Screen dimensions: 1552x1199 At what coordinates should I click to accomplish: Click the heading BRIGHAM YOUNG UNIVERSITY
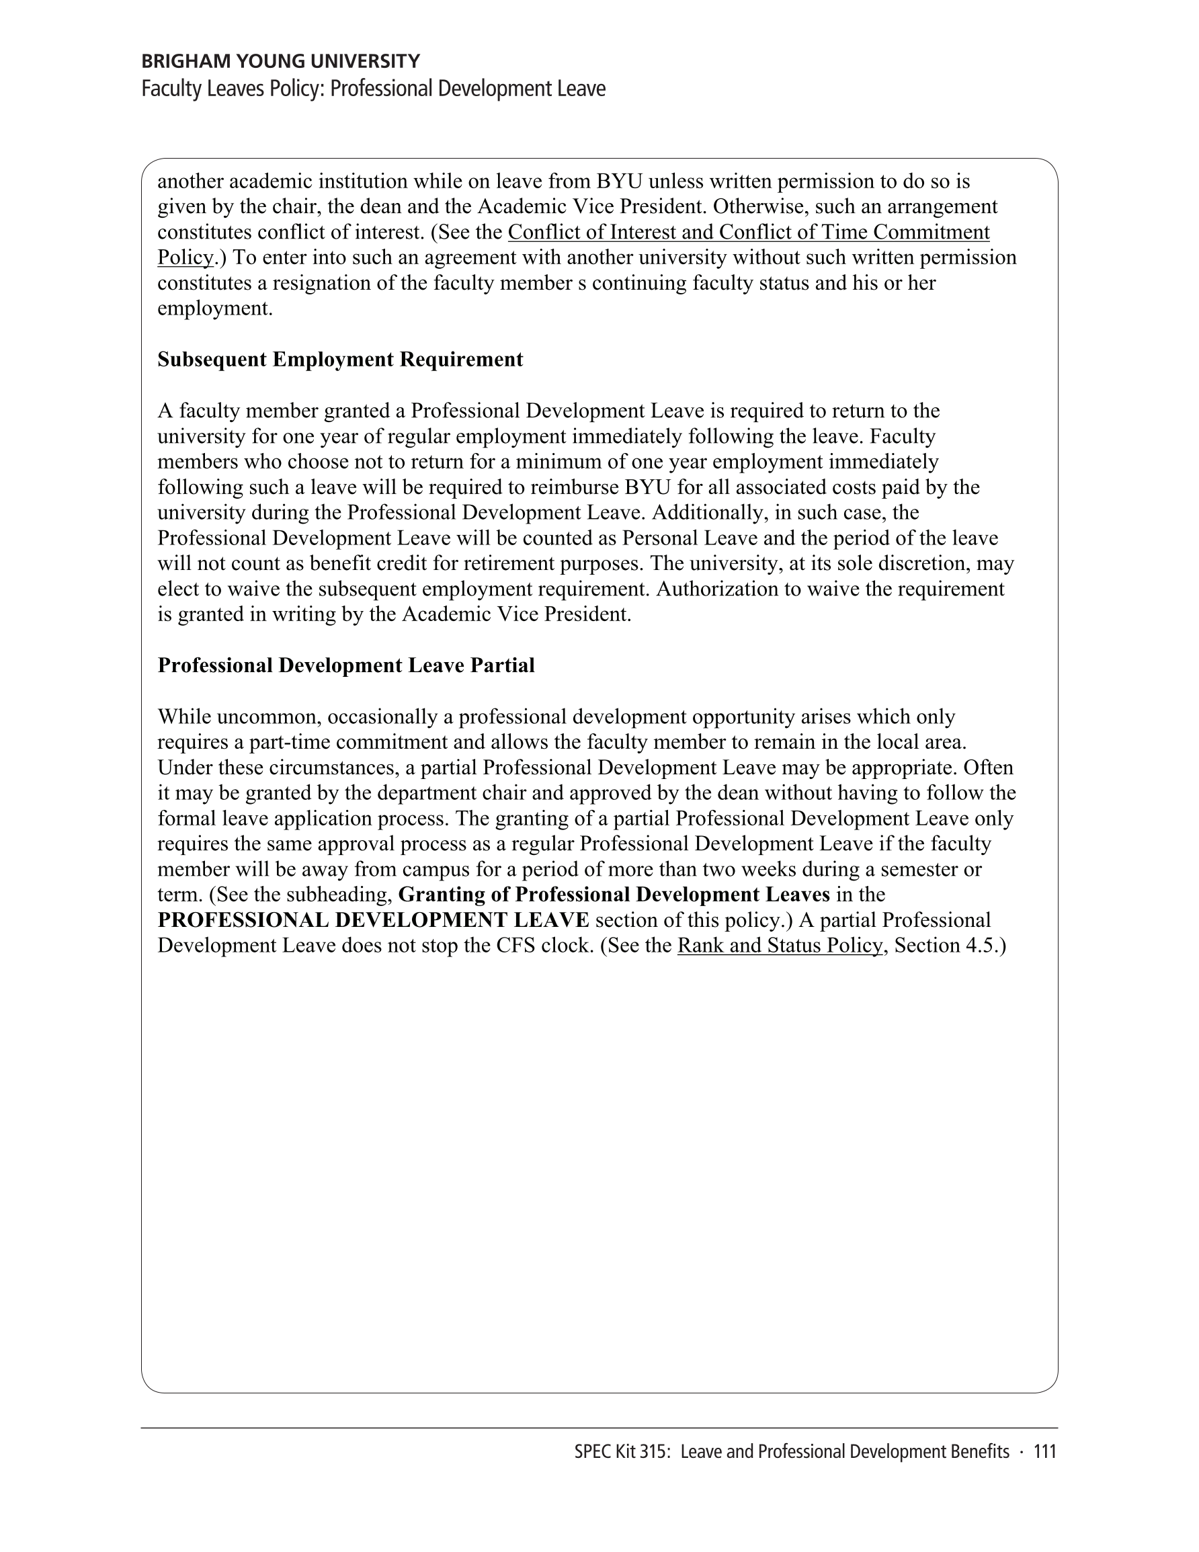281,61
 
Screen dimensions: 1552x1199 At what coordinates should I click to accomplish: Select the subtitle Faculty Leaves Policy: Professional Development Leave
373,89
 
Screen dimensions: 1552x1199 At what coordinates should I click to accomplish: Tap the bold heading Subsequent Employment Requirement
339,360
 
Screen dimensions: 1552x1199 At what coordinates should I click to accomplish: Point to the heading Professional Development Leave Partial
346,665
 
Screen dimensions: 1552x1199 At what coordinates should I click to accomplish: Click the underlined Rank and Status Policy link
780,946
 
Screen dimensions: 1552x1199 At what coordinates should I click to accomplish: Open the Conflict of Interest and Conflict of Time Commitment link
749,233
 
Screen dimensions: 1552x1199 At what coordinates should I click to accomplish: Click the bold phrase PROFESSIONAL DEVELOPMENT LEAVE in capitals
373,920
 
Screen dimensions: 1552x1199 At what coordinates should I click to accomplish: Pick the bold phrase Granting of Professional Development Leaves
614,895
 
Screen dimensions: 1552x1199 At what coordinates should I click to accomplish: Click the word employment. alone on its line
214,309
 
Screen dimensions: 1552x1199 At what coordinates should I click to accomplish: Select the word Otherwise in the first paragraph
759,207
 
